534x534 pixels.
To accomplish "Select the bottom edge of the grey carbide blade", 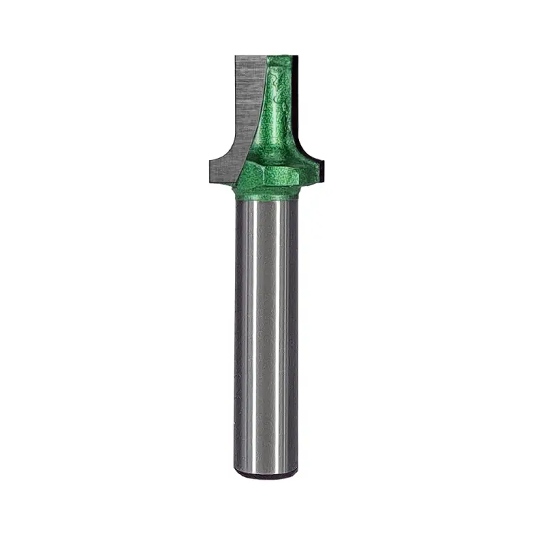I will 224,177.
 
